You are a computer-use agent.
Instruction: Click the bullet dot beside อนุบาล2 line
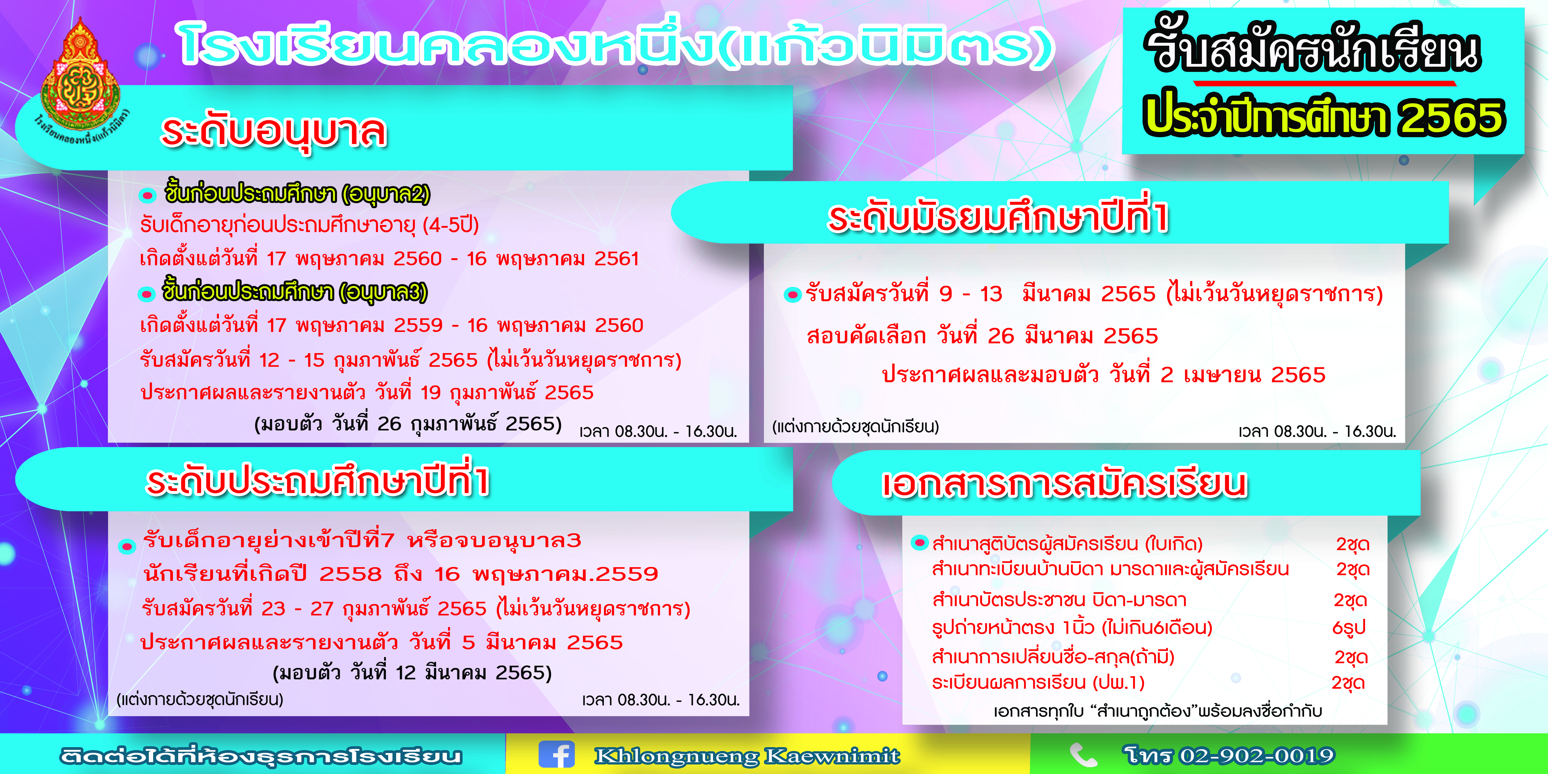[x=147, y=195]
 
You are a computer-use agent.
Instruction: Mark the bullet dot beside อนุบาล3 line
[x=146, y=294]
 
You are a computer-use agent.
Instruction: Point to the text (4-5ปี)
[x=451, y=225]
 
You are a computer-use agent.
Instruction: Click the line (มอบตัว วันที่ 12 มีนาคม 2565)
[x=412, y=673]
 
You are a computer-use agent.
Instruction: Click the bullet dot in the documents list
[x=920, y=543]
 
